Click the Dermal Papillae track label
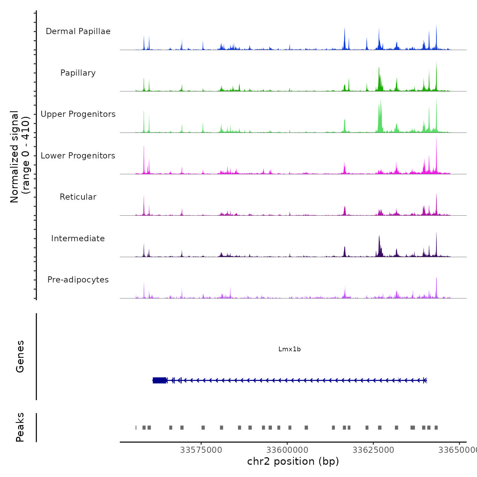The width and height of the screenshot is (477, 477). click(x=78, y=31)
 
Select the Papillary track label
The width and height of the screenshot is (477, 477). click(x=78, y=73)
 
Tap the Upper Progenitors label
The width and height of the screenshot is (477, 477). click(x=78, y=114)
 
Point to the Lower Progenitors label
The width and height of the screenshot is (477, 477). click(x=78, y=156)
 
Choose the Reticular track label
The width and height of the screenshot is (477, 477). click(x=78, y=197)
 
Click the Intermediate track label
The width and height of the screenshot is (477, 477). click(x=78, y=238)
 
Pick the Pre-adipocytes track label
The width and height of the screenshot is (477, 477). click(x=78, y=280)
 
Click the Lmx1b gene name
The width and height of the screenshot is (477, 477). click(x=289, y=349)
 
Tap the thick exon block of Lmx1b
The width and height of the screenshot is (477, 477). click(x=159, y=380)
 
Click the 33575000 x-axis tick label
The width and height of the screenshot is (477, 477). click(x=201, y=450)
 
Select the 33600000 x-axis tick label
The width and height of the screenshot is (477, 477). click(x=287, y=450)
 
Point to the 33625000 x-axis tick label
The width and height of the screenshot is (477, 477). click(x=373, y=450)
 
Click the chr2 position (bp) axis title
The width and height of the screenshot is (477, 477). click(x=293, y=462)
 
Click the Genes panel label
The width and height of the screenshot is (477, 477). click(x=20, y=356)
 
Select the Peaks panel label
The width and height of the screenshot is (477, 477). click(x=20, y=427)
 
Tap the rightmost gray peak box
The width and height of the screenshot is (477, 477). click(x=436, y=428)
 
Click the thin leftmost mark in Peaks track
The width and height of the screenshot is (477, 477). click(x=136, y=428)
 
